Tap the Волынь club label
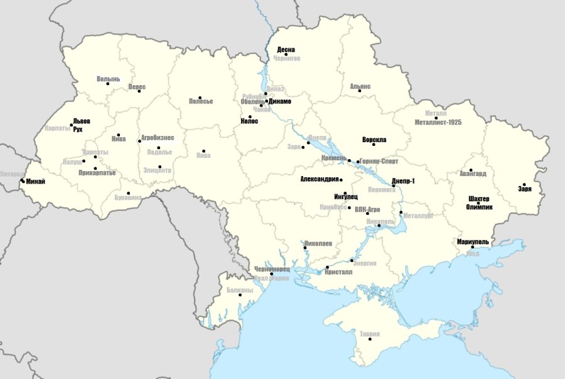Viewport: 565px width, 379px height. point(107,79)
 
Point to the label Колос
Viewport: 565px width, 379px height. point(249,121)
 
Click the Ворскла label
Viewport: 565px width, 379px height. point(374,139)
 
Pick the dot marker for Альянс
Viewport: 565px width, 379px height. point(360,91)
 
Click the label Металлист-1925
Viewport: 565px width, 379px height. point(438,122)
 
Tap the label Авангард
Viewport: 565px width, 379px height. point(473,173)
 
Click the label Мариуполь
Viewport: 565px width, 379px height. point(473,241)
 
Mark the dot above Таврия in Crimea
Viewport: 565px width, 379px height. point(370,339)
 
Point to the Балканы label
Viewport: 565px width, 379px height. point(239,290)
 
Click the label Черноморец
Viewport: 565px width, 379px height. point(271,269)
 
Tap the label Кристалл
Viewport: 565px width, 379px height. point(339,272)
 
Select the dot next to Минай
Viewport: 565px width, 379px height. point(23,181)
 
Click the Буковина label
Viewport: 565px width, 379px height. point(129,197)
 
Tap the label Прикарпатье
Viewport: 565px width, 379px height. point(97,172)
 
